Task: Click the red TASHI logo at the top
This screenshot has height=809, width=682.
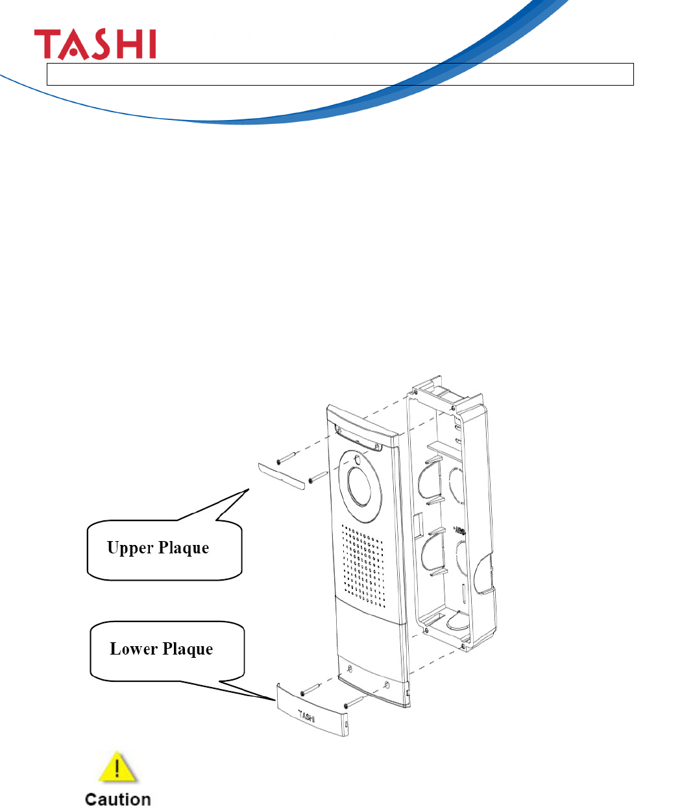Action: point(95,44)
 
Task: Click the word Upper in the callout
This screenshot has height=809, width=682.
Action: point(130,548)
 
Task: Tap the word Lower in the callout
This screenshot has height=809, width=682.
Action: point(132,649)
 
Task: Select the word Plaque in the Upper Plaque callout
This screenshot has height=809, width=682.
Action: point(184,548)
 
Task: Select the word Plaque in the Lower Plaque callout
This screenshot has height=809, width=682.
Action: point(188,649)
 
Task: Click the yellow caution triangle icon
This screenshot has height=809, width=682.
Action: point(117,768)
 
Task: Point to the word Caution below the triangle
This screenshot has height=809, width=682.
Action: point(117,799)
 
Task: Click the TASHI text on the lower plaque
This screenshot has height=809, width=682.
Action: point(307,716)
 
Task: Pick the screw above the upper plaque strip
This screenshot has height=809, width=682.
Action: point(286,457)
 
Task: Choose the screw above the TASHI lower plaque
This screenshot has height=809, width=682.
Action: point(311,690)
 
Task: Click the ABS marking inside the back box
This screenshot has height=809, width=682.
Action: point(461,530)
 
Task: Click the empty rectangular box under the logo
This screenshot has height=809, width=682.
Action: point(340,75)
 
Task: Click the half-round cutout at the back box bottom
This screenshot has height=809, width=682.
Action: point(457,621)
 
